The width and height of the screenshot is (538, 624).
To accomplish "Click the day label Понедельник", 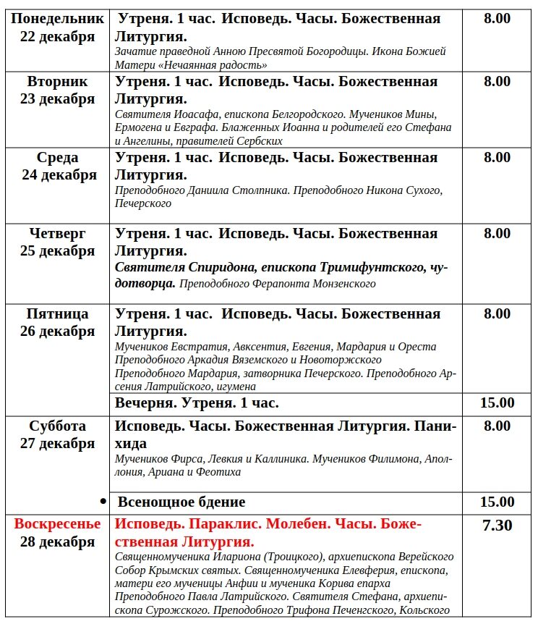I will click(x=58, y=19).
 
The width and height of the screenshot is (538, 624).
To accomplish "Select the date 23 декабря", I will click(x=58, y=99).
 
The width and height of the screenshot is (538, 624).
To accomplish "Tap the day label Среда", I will click(x=58, y=157).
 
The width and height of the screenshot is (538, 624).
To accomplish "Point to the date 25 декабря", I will click(x=58, y=251).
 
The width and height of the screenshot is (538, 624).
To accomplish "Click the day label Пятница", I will click(x=58, y=313).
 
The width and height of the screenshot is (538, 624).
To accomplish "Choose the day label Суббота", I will click(x=58, y=426).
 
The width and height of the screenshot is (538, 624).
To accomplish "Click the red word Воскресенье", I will click(x=58, y=524).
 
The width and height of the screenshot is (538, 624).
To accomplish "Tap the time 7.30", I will click(x=497, y=525).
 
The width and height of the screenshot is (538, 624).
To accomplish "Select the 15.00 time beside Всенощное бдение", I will click(x=497, y=502).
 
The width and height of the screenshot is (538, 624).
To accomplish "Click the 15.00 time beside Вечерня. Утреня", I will click(x=497, y=402).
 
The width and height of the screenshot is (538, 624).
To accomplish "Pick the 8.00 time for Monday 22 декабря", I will click(x=497, y=19).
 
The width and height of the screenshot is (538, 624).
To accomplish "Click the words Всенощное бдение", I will click(x=182, y=502).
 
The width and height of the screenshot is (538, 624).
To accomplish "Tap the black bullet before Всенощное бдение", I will click(x=103, y=501).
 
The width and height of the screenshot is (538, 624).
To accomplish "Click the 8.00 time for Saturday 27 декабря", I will click(x=497, y=426).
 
